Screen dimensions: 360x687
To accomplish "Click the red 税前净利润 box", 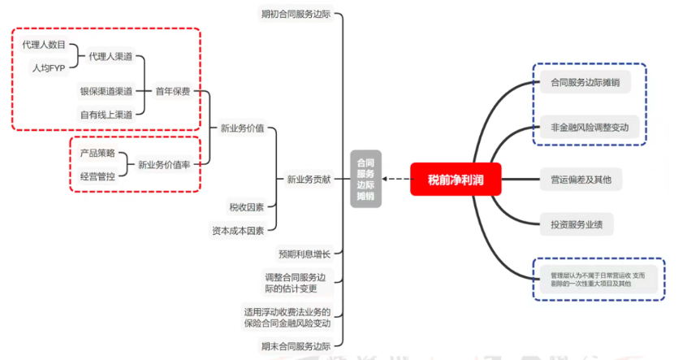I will pyautogui.click(x=456, y=179).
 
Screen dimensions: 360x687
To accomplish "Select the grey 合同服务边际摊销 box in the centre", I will pyautogui.click(x=365, y=179).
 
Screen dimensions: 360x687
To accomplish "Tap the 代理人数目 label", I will pyautogui.click(x=44, y=45).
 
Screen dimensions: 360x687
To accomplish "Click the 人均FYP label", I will pyautogui.click(x=48, y=67).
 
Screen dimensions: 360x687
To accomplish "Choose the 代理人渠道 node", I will pyautogui.click(x=110, y=56).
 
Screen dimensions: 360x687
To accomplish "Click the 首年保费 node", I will pyautogui.click(x=173, y=91).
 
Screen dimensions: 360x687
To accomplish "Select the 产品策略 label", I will pyautogui.click(x=97, y=153).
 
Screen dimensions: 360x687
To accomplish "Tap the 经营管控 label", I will pyautogui.click(x=97, y=175).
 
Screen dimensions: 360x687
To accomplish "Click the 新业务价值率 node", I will pyautogui.click(x=165, y=164).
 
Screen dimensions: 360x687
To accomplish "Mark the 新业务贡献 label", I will pyautogui.click(x=309, y=179).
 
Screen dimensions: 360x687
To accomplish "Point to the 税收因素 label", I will pyautogui.click(x=246, y=207).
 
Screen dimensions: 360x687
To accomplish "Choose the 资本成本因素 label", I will pyautogui.click(x=238, y=230).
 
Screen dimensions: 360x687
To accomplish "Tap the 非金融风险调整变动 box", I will pyautogui.click(x=590, y=128).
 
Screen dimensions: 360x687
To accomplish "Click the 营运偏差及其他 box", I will pyautogui.click(x=581, y=179).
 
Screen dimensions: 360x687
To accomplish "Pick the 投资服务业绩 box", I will pyautogui.click(x=577, y=222).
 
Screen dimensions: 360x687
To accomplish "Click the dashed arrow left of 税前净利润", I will pyautogui.click(x=395, y=179).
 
